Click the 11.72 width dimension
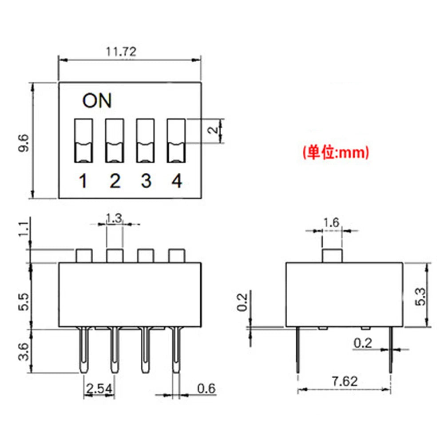click(121, 52)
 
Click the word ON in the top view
click(97, 101)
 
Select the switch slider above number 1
click(83, 140)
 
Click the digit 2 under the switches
click(115, 181)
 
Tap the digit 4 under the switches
click(177, 181)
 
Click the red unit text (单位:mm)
click(336, 153)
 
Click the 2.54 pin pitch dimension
click(100, 388)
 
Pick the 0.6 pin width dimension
click(206, 388)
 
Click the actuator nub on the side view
click(332, 256)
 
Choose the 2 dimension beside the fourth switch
click(214, 130)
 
